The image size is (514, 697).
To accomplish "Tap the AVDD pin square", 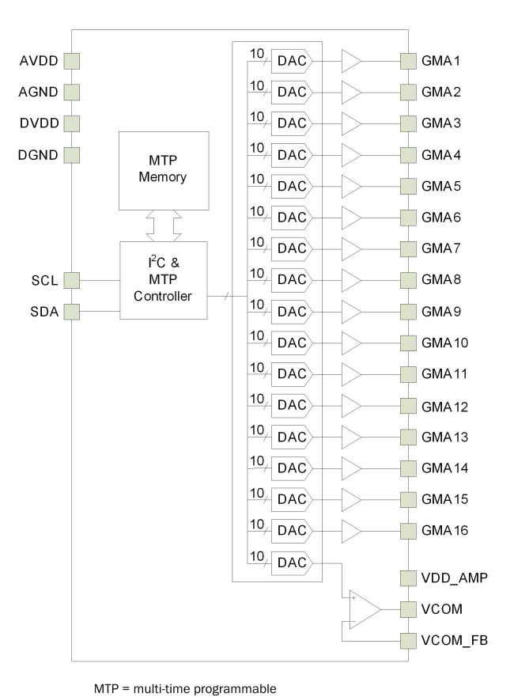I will tap(72, 61).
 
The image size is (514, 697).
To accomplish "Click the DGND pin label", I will tap(38, 154).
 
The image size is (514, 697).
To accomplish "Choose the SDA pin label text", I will tap(39, 312).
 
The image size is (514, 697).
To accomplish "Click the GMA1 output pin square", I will tap(408, 61).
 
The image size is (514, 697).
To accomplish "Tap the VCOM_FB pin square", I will tap(408, 640).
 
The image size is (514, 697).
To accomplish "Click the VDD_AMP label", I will tap(455, 578).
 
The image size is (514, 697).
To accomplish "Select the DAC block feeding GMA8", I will tap(292, 280).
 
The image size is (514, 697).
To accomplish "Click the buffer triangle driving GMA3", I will tap(351, 123).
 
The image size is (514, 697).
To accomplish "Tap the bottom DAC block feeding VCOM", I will tap(292, 563).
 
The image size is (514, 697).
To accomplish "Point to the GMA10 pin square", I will tap(408, 343).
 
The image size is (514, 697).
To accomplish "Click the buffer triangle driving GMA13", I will tap(351, 437).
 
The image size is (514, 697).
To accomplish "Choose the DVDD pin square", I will tap(72, 123).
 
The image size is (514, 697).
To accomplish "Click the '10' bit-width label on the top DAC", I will tap(257, 53).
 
